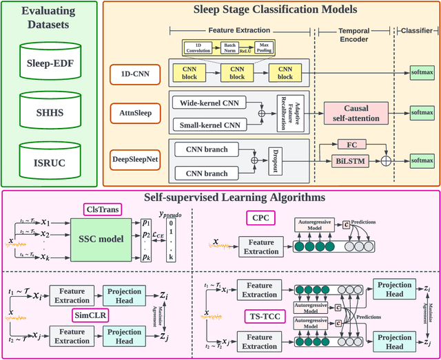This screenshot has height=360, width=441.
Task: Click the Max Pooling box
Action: [x=262, y=47]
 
